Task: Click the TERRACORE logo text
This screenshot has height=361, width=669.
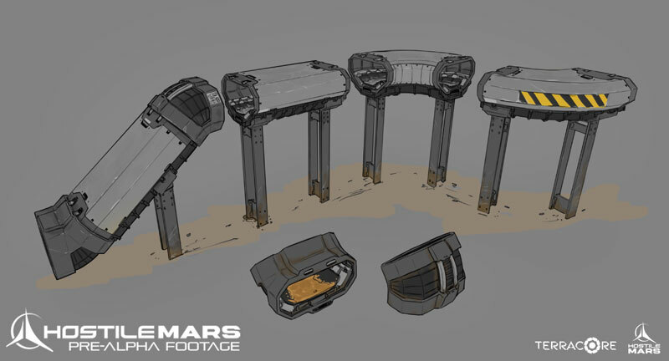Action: point(576,345)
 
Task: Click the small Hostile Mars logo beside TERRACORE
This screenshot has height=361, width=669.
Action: point(643,338)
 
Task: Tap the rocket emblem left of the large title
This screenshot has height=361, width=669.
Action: point(27,332)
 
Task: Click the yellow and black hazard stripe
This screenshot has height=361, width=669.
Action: point(563,99)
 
